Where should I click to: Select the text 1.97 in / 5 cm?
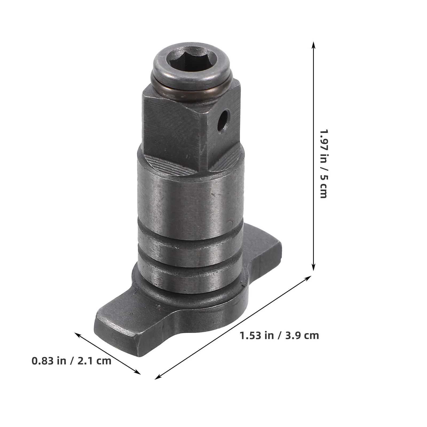(x=323, y=164)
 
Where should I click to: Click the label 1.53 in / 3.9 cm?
(x=279, y=335)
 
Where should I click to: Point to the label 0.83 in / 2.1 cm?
(x=72, y=361)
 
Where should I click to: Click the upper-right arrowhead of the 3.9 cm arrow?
(x=309, y=278)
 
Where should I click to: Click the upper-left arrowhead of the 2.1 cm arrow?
(x=77, y=334)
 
